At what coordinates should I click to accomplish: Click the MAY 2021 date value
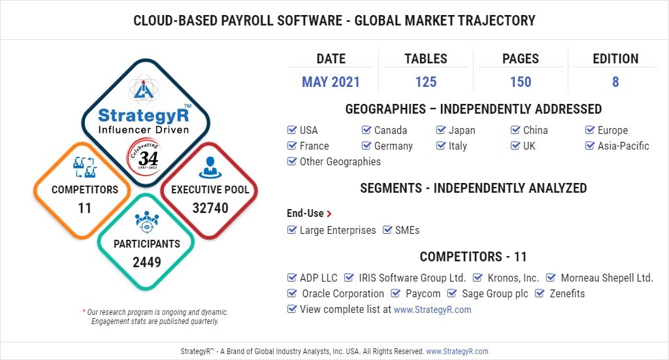[331, 82]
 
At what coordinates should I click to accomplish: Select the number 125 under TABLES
[426, 82]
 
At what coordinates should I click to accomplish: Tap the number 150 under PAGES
[521, 82]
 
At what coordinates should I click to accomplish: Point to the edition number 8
[615, 82]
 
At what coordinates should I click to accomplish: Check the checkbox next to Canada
[366, 129]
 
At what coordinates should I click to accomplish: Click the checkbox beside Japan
[441, 129]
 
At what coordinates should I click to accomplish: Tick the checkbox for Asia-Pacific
[590, 146]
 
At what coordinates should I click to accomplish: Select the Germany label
[393, 146]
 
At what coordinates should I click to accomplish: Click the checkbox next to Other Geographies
[292, 161]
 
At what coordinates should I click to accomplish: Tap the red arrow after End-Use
[329, 213]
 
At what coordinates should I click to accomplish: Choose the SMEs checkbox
[387, 230]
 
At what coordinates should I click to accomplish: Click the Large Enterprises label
[338, 231]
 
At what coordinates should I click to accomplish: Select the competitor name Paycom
[423, 294]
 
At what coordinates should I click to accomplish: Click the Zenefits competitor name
[567, 293]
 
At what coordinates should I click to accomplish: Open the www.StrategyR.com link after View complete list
[432, 310]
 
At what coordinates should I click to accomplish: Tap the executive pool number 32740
[210, 208]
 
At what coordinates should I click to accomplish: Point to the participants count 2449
[147, 262]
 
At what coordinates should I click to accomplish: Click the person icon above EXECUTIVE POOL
[210, 167]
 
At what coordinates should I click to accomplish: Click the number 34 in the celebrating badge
[148, 159]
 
